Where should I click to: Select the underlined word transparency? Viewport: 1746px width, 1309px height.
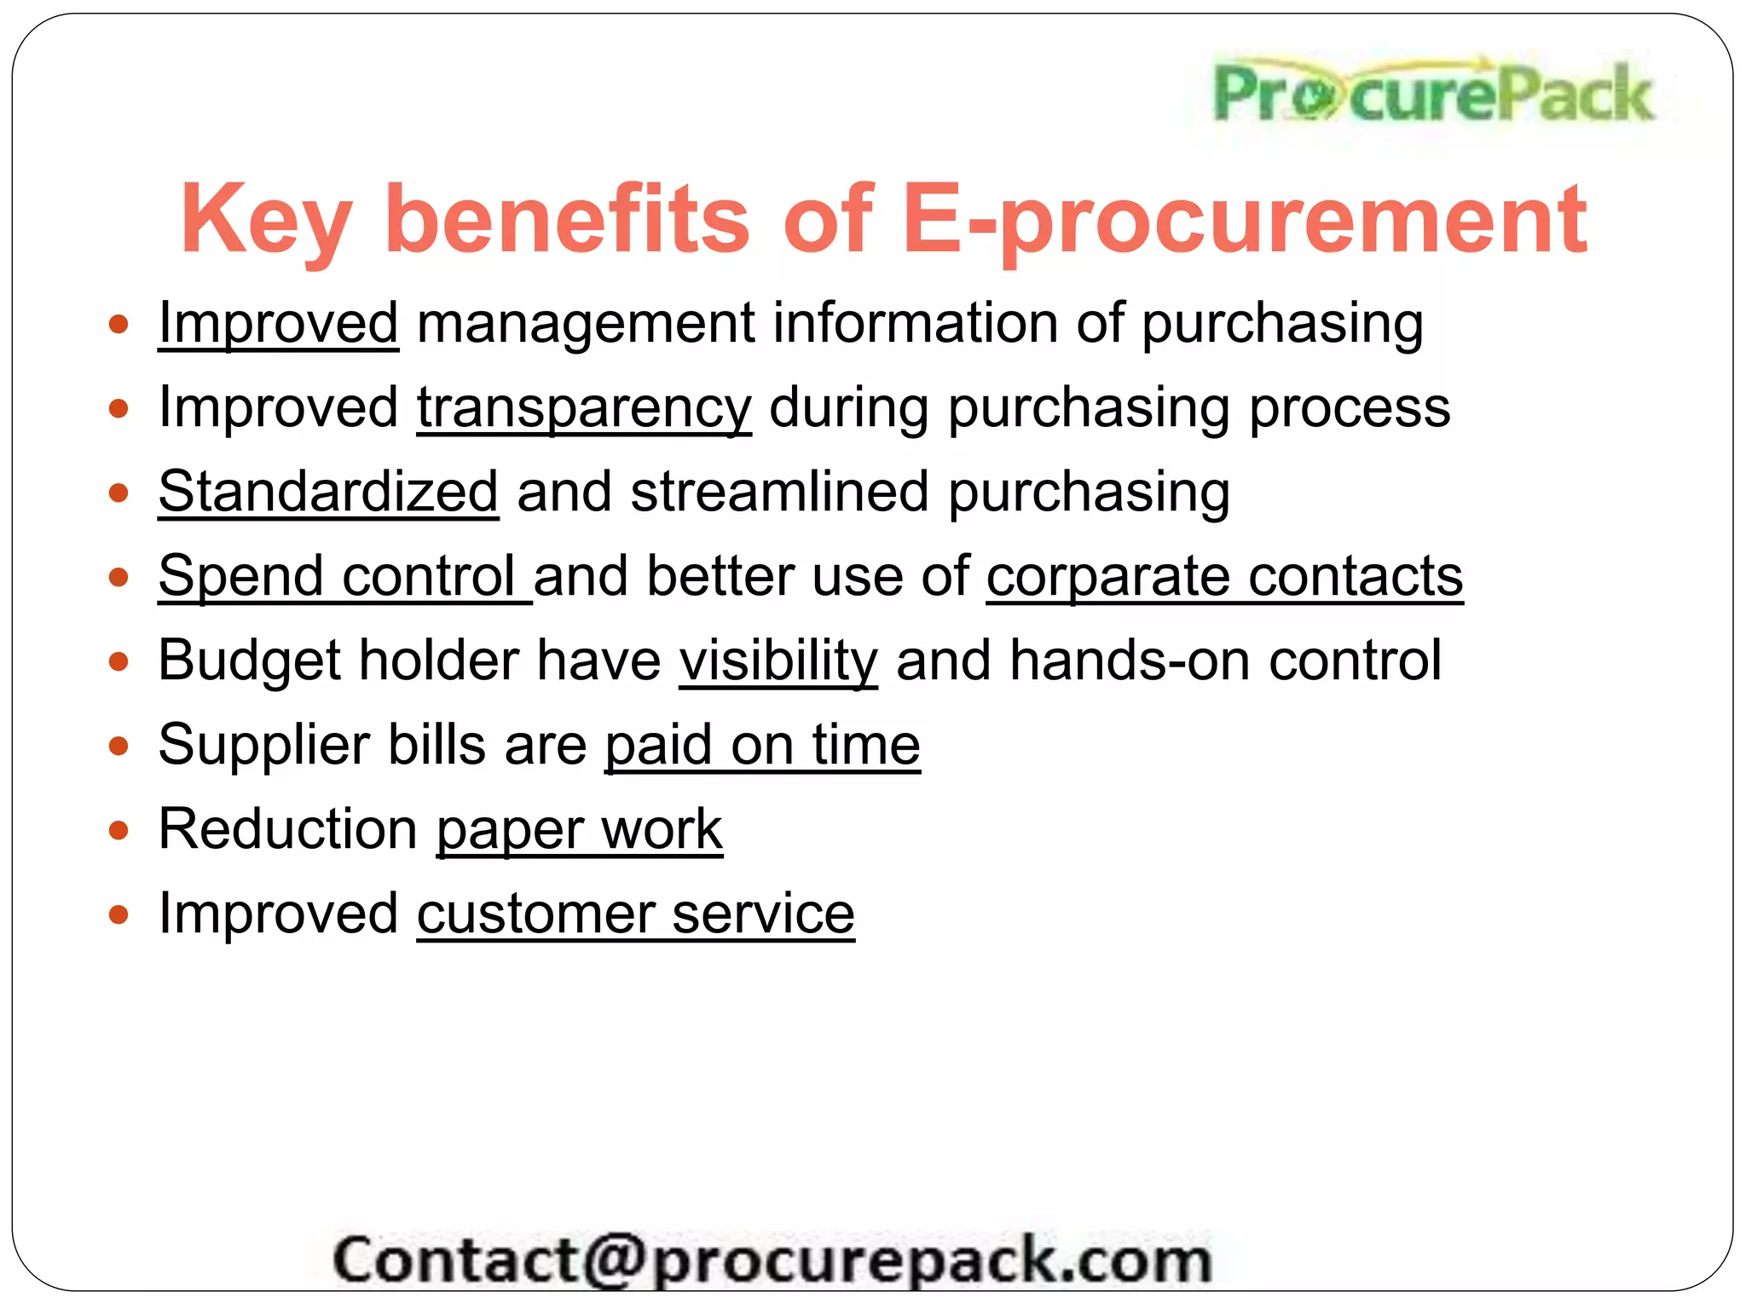[x=584, y=407]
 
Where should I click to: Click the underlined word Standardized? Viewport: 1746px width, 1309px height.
[x=328, y=492]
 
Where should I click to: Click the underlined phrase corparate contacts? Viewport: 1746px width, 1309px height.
[x=1224, y=576]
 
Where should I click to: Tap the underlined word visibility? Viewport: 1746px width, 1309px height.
[x=778, y=660]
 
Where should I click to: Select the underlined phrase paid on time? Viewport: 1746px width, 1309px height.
[x=762, y=745]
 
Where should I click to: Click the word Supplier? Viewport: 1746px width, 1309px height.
[x=263, y=745]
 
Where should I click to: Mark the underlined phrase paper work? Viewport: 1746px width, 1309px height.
[x=579, y=829]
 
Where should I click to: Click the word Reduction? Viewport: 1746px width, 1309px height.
[x=288, y=829]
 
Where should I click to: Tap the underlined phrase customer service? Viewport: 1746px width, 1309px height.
[x=635, y=914]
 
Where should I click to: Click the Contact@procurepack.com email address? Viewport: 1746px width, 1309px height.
[x=772, y=1260]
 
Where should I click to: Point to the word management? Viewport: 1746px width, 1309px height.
[x=586, y=323]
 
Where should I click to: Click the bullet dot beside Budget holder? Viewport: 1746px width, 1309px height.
[x=119, y=661]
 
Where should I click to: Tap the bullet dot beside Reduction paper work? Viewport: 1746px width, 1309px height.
[x=119, y=830]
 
